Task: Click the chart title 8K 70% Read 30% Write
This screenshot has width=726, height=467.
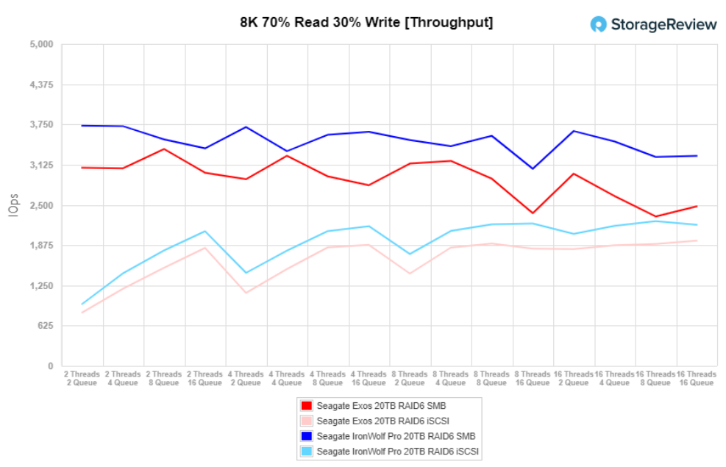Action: (366, 23)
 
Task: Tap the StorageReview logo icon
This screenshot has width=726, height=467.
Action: (599, 24)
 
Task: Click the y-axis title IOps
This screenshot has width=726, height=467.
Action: (13, 205)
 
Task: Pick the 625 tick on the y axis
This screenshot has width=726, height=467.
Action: (46, 326)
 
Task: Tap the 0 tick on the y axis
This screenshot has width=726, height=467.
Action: (50, 366)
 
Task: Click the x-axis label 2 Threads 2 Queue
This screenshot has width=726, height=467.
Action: (82, 379)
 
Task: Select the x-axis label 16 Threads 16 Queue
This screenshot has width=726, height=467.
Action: (696, 379)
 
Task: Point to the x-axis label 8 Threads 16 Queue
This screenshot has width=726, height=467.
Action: (532, 379)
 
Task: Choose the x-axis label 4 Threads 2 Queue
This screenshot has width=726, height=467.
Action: (246, 379)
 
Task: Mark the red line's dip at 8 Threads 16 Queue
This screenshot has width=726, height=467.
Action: (533, 213)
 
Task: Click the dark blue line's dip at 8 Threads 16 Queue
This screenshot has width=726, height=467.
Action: (533, 169)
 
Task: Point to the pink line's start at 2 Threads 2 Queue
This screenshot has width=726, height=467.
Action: (82, 313)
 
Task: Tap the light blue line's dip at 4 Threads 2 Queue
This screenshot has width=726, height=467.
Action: (246, 273)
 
